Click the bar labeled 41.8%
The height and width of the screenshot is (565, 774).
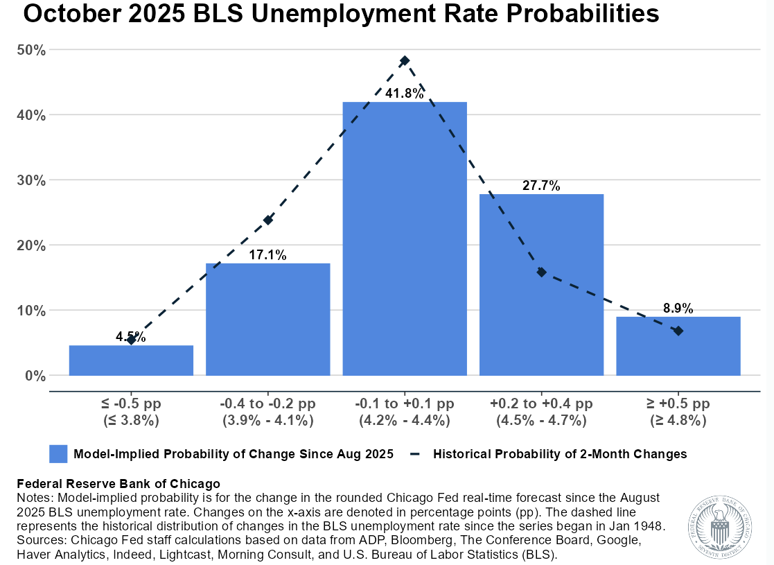click(x=405, y=239)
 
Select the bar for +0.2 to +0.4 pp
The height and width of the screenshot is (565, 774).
click(x=541, y=284)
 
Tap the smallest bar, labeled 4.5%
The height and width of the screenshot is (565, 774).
click(x=131, y=360)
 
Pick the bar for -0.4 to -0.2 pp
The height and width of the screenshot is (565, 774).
click(x=267, y=319)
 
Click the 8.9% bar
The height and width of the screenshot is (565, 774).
click(x=678, y=346)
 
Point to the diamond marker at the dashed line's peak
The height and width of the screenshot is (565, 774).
click(x=405, y=61)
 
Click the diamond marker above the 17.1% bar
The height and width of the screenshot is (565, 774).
click(x=268, y=220)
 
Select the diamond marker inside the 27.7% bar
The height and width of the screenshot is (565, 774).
click(x=541, y=272)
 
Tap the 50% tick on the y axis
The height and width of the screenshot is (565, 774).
click(x=32, y=50)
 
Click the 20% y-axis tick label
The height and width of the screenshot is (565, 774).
click(x=32, y=245)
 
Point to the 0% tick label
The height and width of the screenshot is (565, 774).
click(x=35, y=376)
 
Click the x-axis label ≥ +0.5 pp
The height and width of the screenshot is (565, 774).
click(x=678, y=403)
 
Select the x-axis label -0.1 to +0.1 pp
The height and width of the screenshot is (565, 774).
click(x=405, y=403)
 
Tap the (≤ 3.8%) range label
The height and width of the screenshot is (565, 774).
click(x=131, y=420)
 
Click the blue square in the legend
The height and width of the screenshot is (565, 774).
click(x=58, y=454)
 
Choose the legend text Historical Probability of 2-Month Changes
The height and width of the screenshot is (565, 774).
click(x=560, y=454)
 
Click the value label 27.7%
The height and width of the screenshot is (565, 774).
click(x=541, y=186)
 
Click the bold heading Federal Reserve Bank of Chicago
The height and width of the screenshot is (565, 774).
click(x=118, y=484)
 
